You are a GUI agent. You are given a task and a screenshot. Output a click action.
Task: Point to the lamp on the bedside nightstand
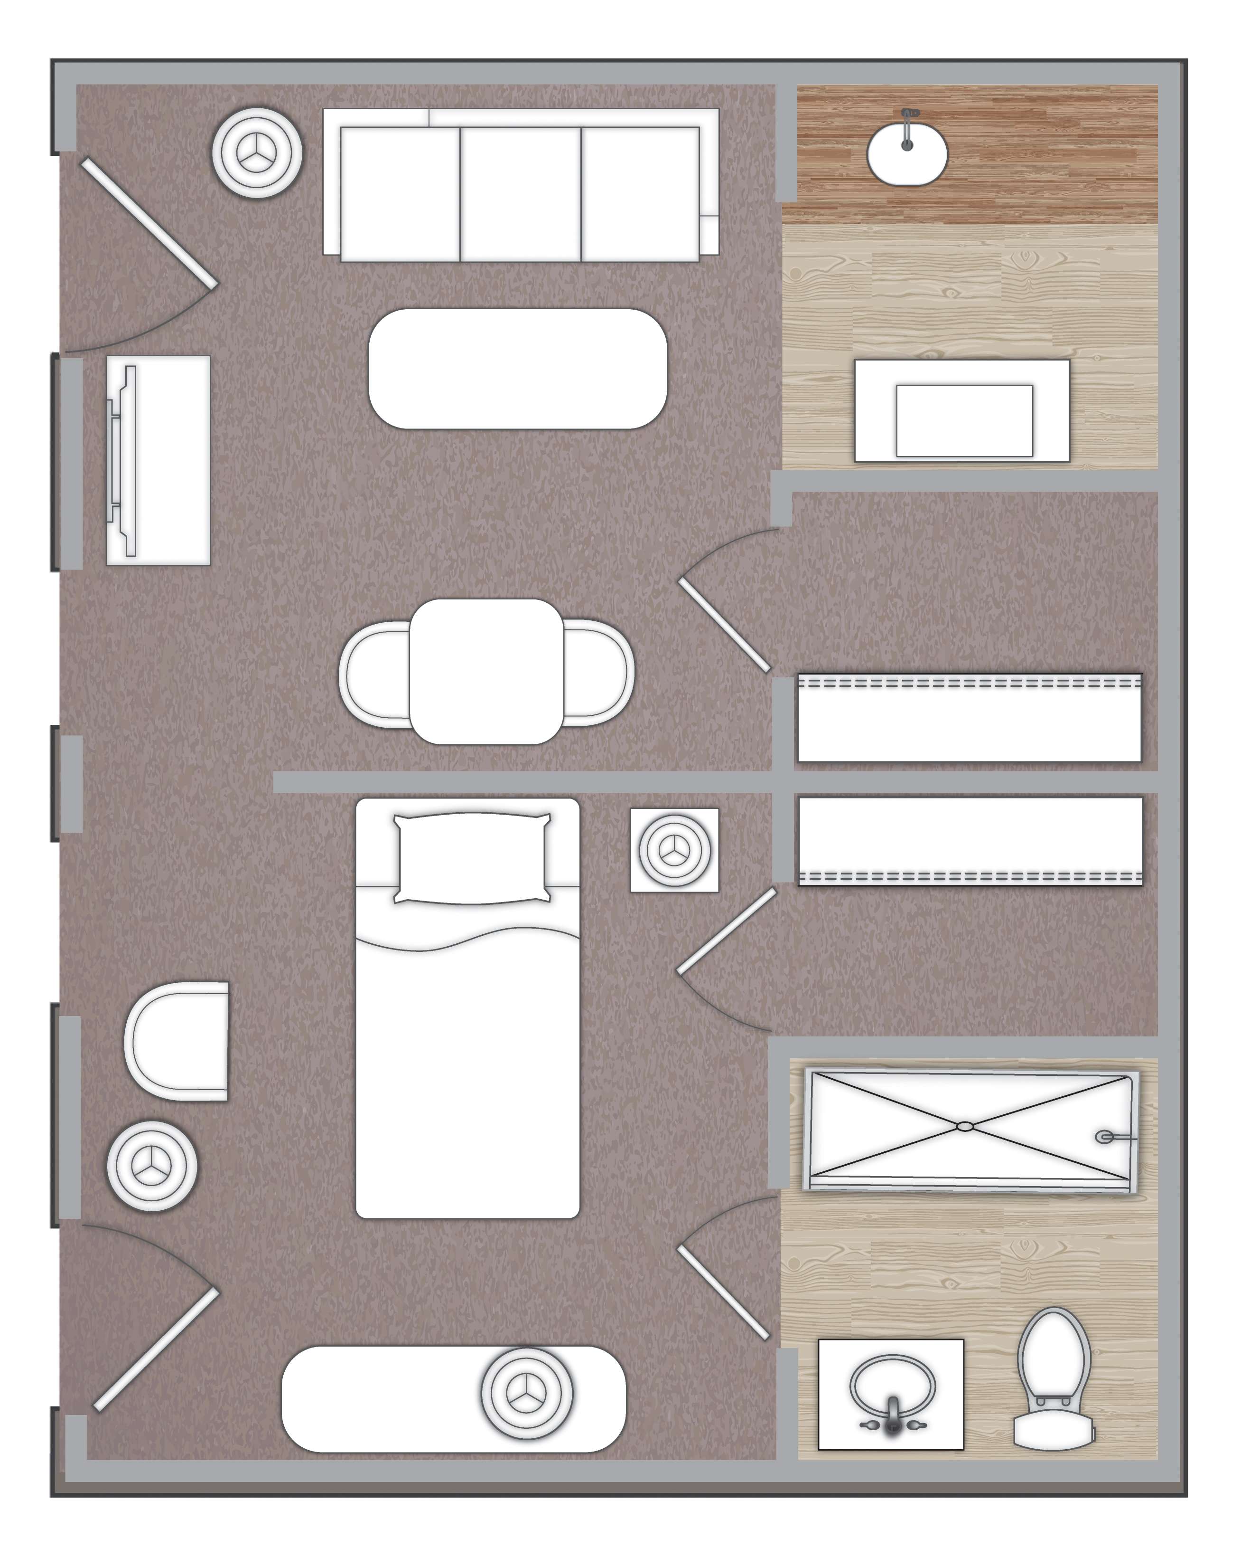click(674, 849)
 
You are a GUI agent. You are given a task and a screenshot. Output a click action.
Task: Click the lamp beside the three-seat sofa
click(257, 153)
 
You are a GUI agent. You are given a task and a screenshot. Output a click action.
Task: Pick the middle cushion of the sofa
click(520, 193)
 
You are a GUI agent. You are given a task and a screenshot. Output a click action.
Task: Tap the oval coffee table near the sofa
click(518, 369)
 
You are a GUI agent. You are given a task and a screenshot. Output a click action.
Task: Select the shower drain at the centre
click(965, 1127)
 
